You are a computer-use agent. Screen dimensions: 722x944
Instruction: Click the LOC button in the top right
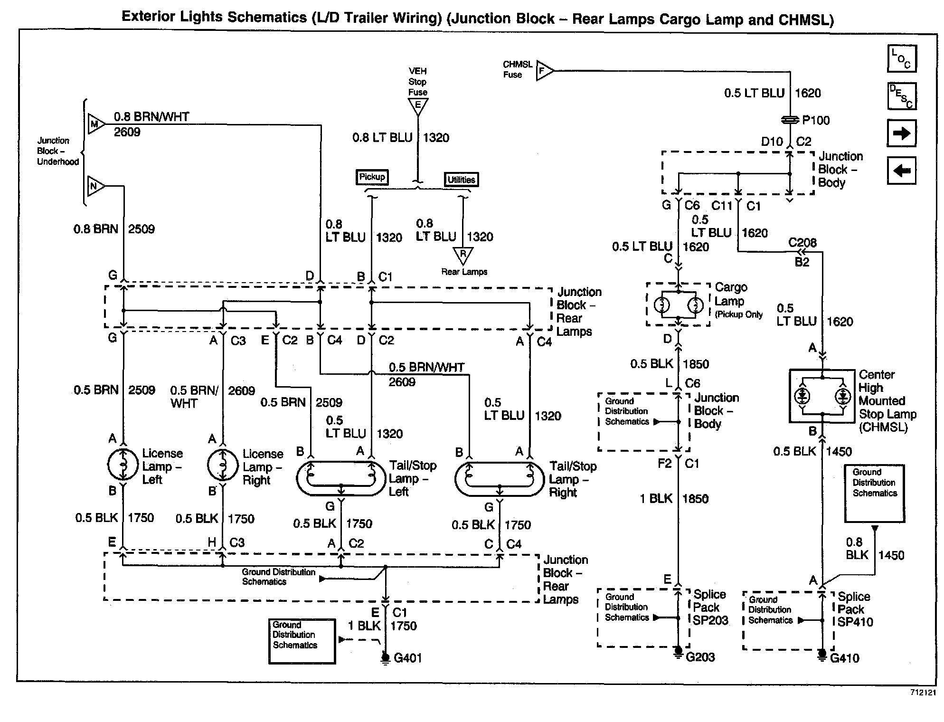(x=901, y=59)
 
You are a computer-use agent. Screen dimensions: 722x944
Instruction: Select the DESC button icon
(x=901, y=96)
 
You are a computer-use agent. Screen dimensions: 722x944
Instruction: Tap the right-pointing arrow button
(x=901, y=133)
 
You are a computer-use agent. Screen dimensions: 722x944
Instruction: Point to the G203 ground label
(x=700, y=657)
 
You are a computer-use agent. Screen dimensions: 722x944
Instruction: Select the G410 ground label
(x=845, y=658)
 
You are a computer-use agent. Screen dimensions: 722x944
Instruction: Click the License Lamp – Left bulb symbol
(x=123, y=465)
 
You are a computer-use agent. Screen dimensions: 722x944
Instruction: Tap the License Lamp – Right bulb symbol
(x=223, y=465)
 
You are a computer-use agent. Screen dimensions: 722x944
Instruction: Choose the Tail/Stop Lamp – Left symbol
(x=340, y=478)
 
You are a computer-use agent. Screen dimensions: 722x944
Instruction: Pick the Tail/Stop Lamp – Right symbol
(x=500, y=478)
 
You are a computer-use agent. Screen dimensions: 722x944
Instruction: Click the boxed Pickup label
(x=372, y=177)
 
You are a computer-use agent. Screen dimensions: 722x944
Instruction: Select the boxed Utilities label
(x=461, y=180)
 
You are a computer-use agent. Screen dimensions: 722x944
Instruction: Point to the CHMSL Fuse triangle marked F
(x=544, y=71)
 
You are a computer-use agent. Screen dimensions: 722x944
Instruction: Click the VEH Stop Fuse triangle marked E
(x=418, y=106)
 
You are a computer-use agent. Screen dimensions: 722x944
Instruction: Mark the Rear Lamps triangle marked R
(x=463, y=255)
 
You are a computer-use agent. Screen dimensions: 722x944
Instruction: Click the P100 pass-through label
(x=816, y=120)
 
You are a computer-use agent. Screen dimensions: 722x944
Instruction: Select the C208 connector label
(x=802, y=243)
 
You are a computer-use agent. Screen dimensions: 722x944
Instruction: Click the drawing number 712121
(x=923, y=693)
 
